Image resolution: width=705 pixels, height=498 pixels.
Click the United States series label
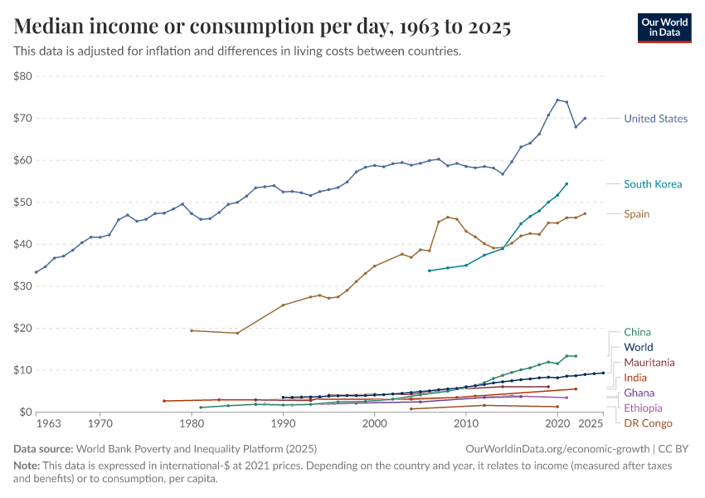(x=655, y=119)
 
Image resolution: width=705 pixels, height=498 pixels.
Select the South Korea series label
(x=653, y=183)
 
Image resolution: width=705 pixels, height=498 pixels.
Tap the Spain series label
(x=637, y=213)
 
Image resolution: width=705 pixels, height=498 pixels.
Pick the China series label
(x=637, y=332)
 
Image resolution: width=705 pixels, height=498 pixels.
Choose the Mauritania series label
(x=649, y=363)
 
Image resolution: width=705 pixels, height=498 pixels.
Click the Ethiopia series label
(x=643, y=408)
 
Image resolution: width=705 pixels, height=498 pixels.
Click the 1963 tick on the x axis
(x=48, y=424)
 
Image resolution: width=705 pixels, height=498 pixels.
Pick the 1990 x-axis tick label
(x=283, y=424)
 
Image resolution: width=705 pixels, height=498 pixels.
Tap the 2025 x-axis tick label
(x=591, y=424)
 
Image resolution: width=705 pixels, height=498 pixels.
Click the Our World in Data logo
(x=664, y=27)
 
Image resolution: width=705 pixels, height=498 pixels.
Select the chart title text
(x=262, y=27)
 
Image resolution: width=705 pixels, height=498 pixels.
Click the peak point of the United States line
(x=557, y=100)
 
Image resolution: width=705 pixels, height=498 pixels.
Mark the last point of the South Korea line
(x=566, y=183)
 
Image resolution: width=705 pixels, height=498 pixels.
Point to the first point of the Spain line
(x=192, y=330)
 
